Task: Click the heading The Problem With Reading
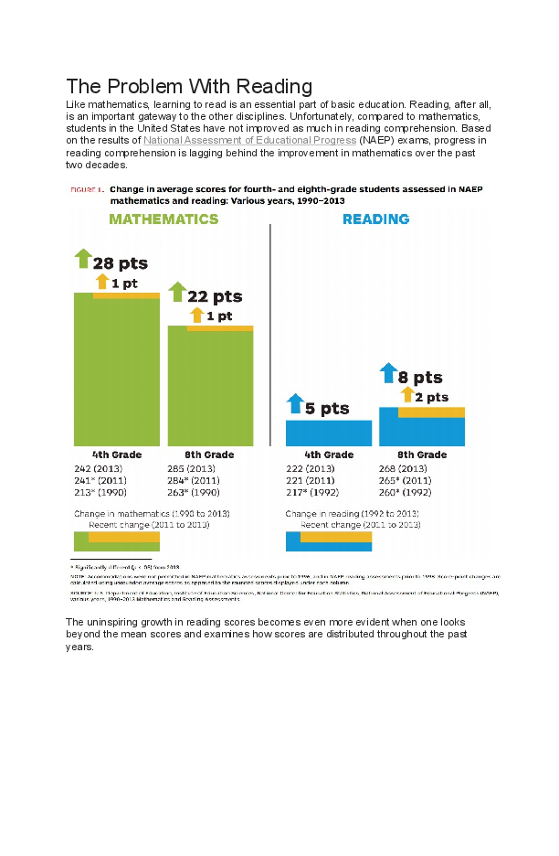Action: (189, 87)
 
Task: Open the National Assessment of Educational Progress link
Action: (249, 141)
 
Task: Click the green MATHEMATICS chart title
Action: (163, 219)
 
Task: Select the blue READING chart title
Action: (375, 219)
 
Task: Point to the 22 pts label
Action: (215, 296)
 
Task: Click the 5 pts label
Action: (327, 409)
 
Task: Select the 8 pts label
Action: (420, 377)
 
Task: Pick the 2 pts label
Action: (432, 397)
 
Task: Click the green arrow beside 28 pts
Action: (83, 258)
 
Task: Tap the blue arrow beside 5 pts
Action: (295, 402)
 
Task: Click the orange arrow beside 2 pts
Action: (407, 395)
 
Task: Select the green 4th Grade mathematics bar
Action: (117, 375)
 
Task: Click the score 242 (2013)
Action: (103, 468)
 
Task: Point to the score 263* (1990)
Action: (195, 492)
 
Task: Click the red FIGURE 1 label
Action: (87, 189)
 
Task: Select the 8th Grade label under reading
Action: (422, 455)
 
